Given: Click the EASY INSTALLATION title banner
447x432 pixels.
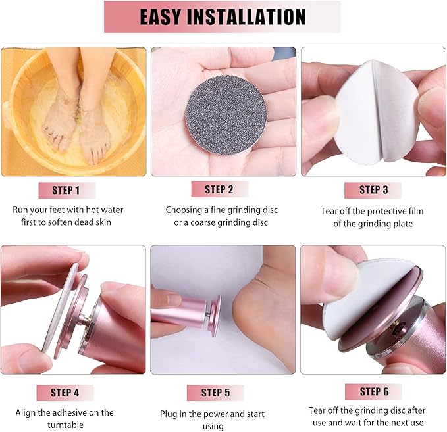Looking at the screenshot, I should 223,17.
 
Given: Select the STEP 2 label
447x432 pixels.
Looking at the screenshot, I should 219,190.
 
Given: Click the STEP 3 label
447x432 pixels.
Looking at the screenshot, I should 373,190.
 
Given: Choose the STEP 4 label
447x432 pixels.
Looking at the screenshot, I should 65,393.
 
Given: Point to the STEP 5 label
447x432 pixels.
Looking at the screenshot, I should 215,393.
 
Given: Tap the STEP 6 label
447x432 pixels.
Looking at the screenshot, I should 374,392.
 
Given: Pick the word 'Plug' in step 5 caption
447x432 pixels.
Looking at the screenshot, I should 170,414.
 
